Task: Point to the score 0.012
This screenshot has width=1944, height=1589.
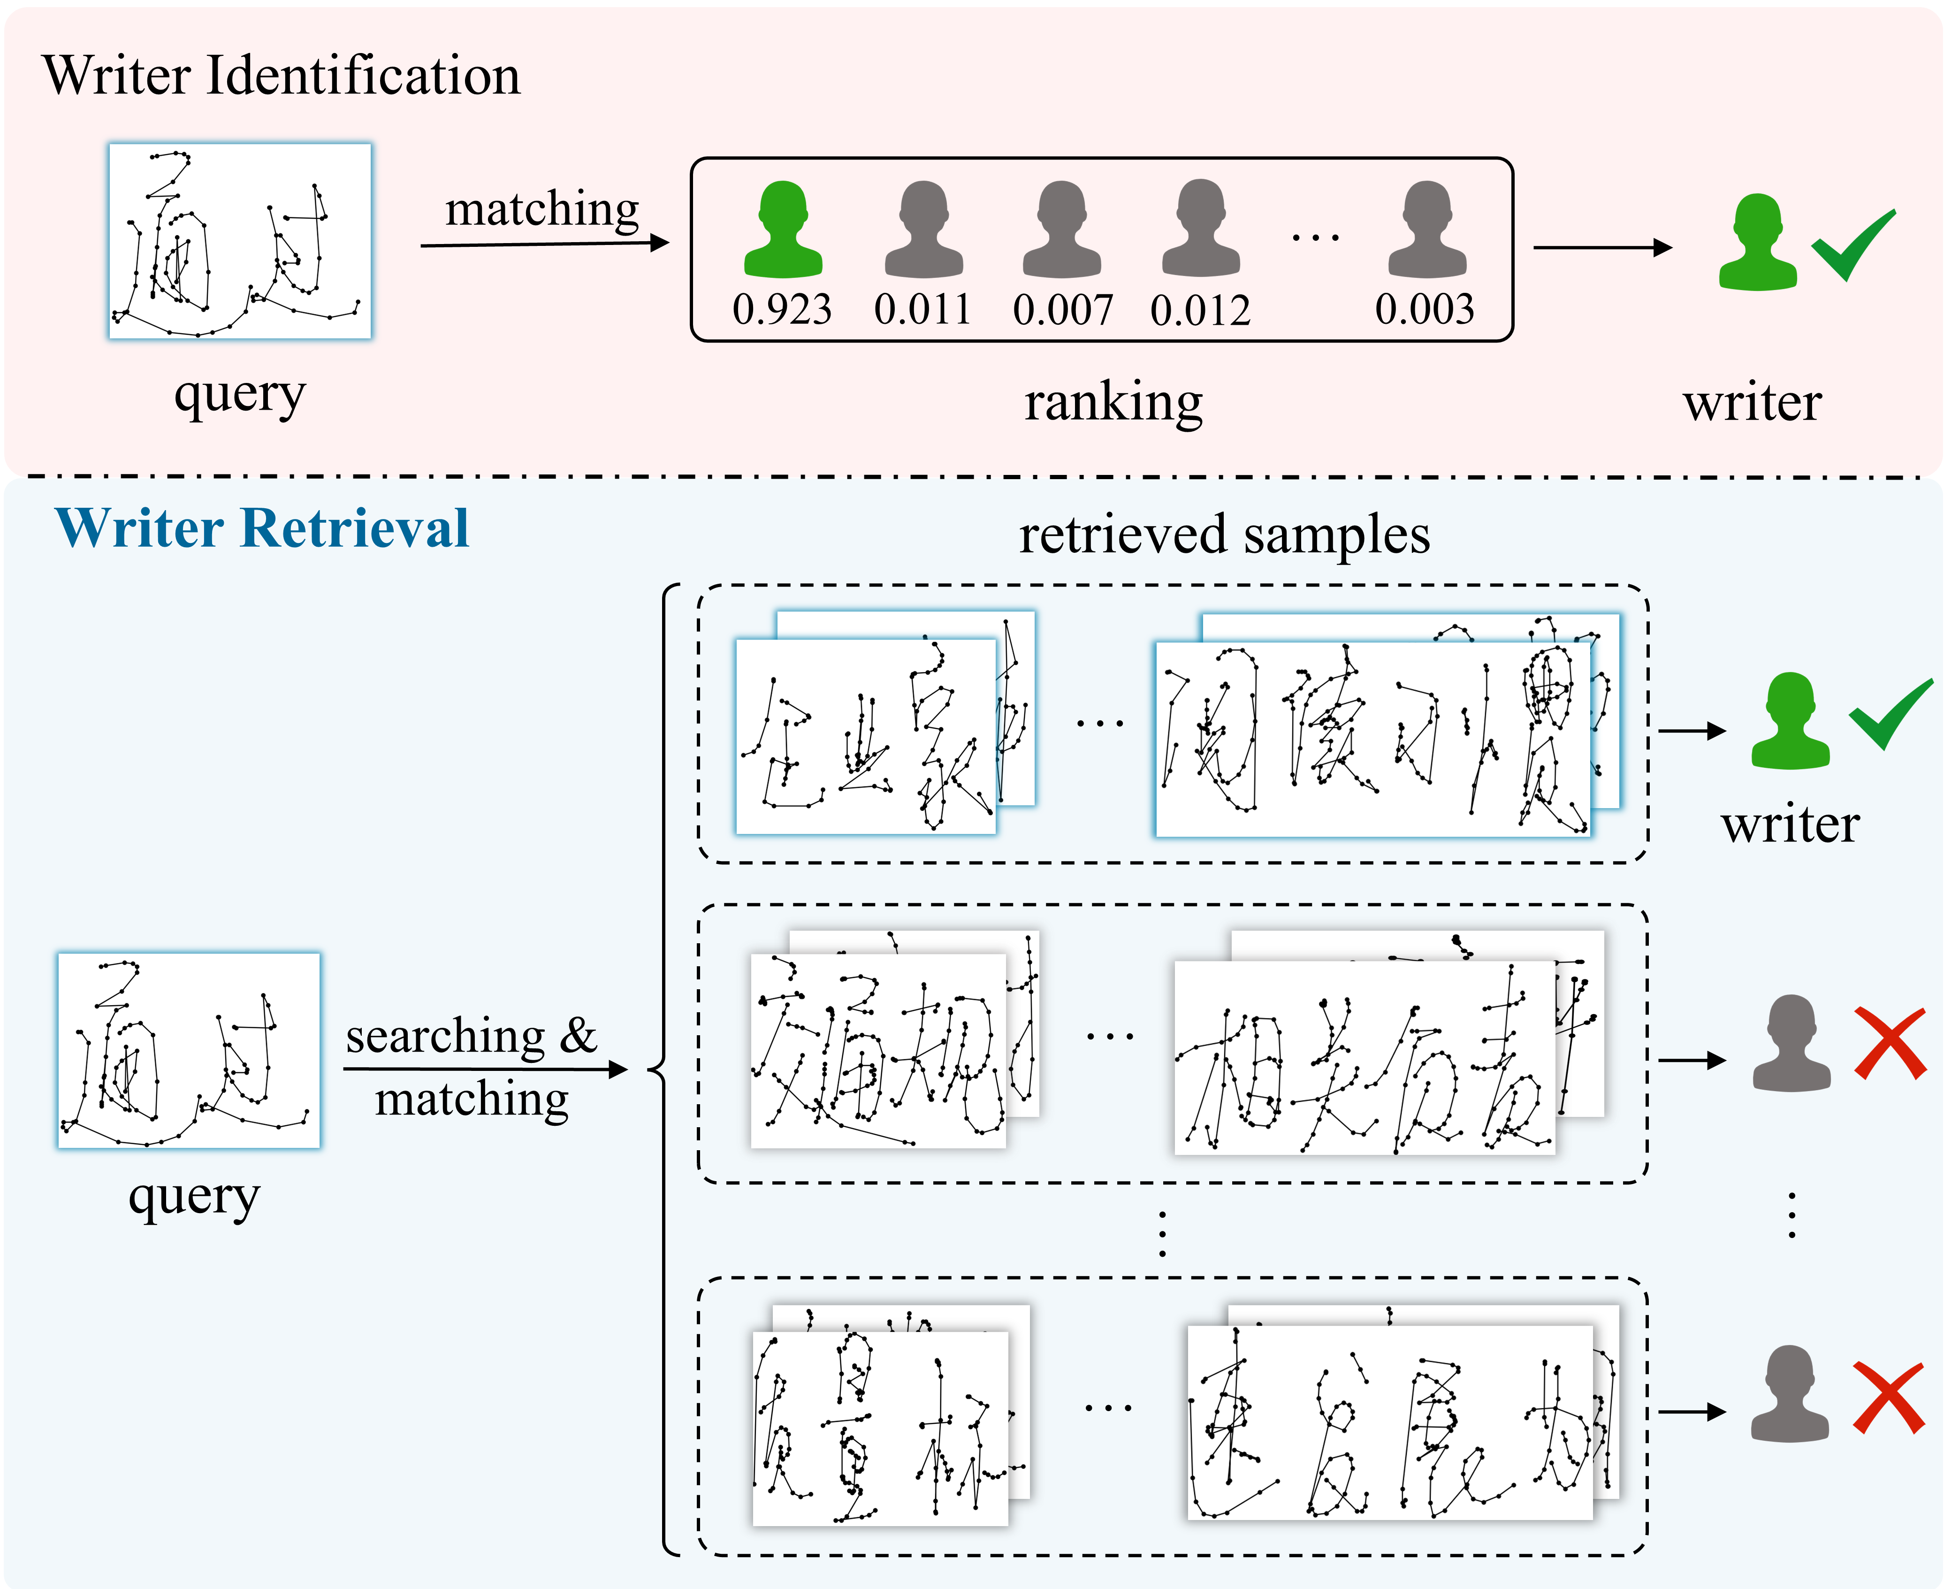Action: click(x=1200, y=310)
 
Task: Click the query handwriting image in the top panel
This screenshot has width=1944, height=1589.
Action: click(x=240, y=241)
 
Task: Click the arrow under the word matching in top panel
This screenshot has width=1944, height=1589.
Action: click(x=545, y=244)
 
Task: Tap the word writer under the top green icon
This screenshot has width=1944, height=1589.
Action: click(x=1752, y=403)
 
